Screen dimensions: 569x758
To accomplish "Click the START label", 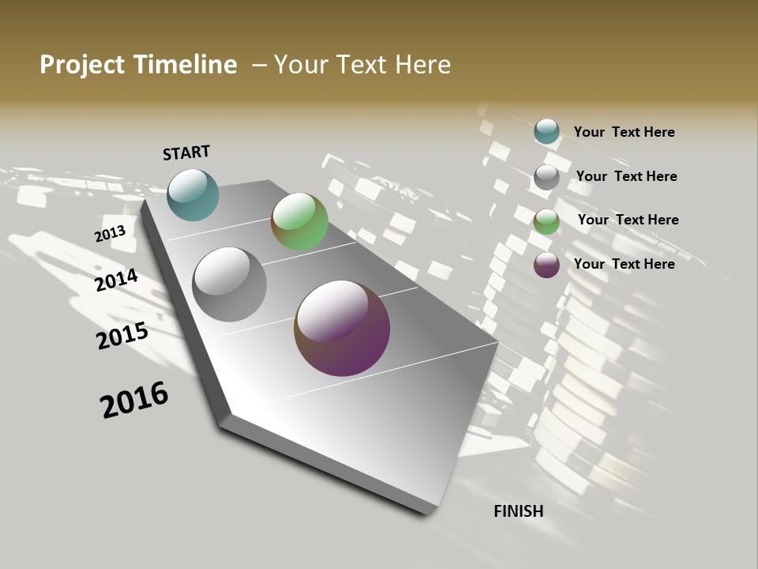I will (x=186, y=153).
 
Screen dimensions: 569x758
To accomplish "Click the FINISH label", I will (x=519, y=511).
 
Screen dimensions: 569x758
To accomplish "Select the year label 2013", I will (x=110, y=234).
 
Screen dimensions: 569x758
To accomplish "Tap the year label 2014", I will (x=117, y=280).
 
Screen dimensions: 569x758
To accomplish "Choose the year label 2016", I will (x=134, y=400).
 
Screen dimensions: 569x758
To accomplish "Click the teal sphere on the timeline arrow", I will (x=193, y=195).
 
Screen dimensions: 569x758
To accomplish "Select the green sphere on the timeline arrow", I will (x=299, y=221).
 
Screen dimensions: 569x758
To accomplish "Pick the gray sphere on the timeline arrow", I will (x=230, y=284).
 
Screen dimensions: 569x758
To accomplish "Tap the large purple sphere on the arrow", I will (x=342, y=328).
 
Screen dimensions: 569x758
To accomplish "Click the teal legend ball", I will (x=546, y=131).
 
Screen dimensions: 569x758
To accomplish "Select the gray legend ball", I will (x=546, y=176).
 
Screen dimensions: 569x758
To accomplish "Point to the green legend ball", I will (x=546, y=220).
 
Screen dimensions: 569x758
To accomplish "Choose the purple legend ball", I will (x=546, y=265).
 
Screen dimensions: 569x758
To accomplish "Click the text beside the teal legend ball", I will (x=624, y=132).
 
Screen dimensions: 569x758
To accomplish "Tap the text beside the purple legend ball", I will (x=624, y=264).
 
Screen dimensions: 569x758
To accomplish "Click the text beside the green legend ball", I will (x=628, y=220).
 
